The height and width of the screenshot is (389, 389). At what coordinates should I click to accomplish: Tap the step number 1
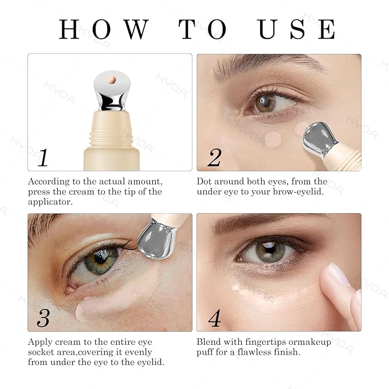click(43, 158)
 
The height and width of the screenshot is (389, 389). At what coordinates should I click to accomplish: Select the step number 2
click(214, 158)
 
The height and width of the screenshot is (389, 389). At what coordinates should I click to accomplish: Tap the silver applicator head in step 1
click(112, 92)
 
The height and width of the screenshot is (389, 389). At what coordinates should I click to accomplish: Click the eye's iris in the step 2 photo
click(265, 103)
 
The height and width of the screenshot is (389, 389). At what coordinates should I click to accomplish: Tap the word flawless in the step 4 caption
click(253, 352)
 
